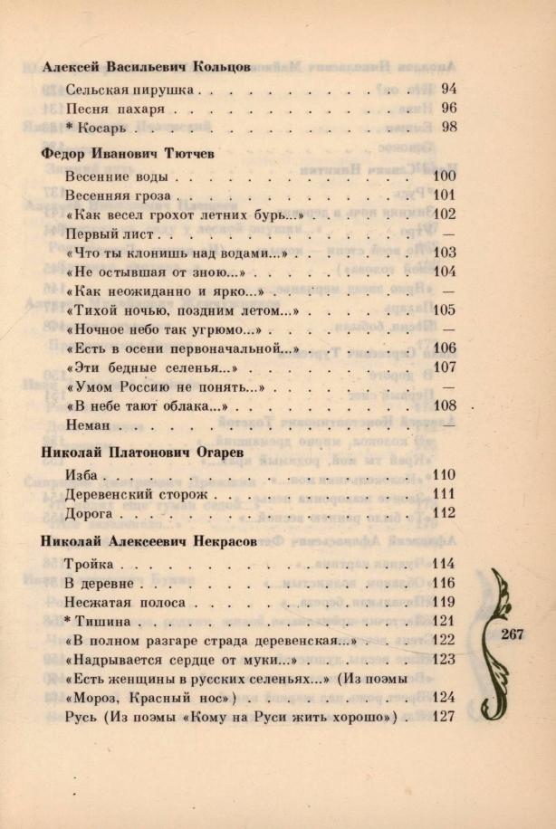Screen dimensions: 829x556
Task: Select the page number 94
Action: (447, 89)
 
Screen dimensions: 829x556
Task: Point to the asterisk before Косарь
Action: (70, 127)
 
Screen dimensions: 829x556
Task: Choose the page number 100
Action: (444, 176)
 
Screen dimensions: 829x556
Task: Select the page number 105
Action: (444, 310)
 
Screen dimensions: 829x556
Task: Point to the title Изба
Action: (81, 475)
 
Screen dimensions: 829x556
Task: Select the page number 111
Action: (444, 494)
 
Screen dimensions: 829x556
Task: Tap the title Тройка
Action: (89, 565)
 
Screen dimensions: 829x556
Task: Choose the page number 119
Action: (444, 602)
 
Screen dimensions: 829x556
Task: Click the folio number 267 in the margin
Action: (512, 634)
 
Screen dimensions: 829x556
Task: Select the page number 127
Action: (444, 717)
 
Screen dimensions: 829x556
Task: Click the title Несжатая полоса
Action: (125, 602)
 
